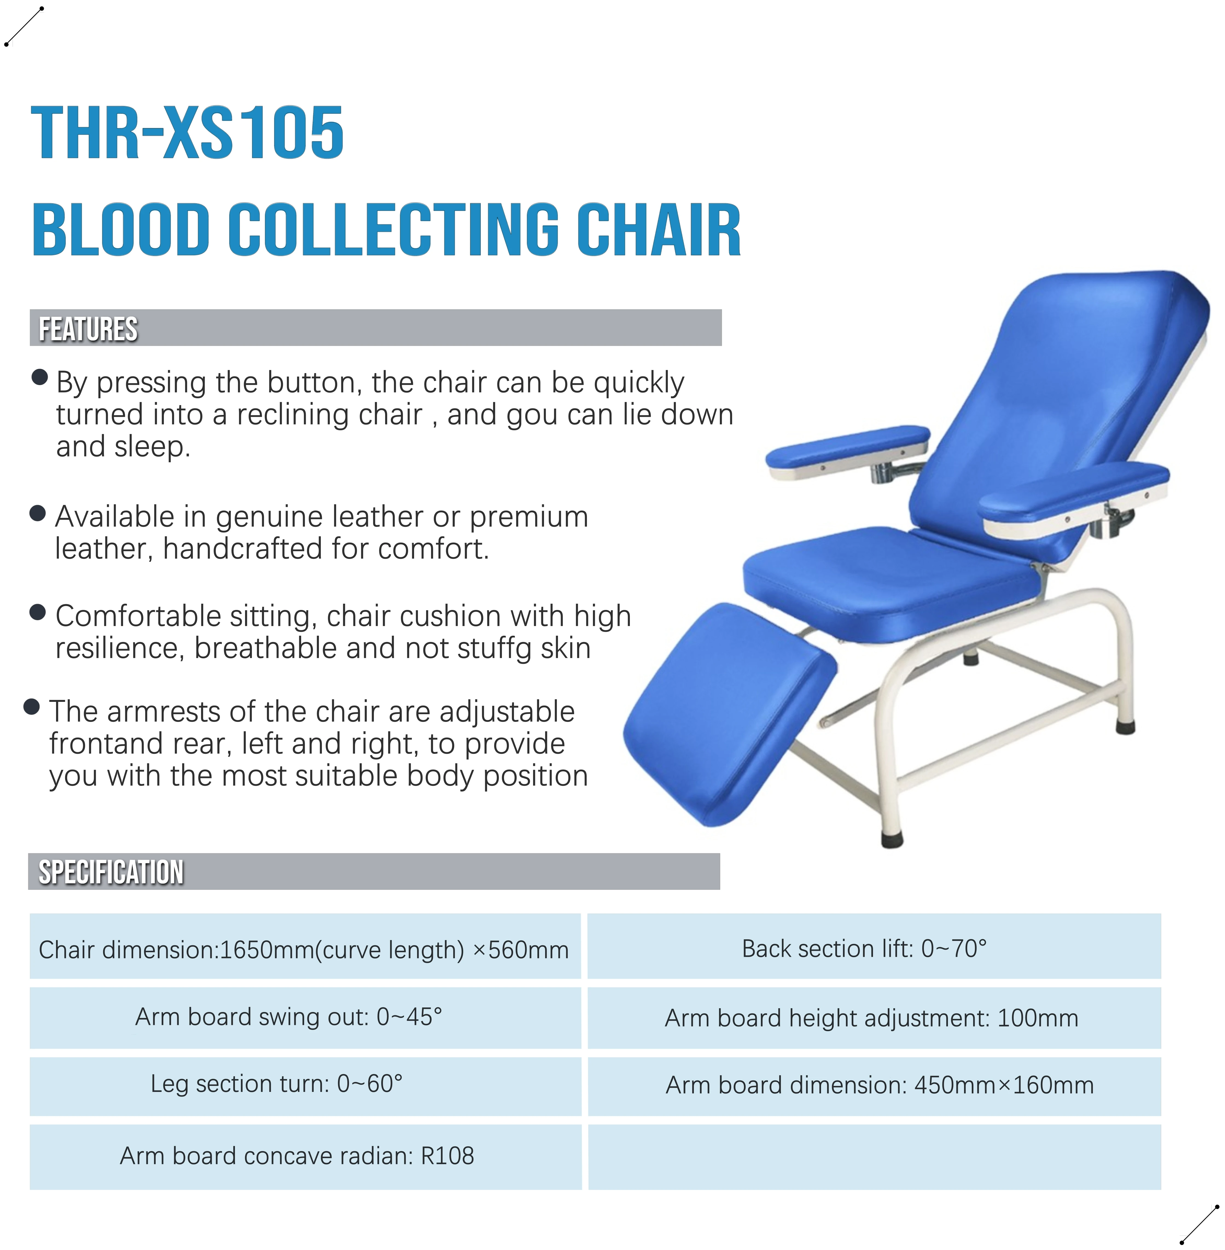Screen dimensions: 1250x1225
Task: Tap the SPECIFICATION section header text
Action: click(111, 872)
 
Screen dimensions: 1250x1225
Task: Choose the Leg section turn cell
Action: click(277, 1084)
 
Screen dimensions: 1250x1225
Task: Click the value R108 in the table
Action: click(447, 1156)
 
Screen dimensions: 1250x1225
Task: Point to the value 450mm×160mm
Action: click(1004, 1085)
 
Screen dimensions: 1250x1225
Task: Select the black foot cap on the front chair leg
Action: click(892, 839)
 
